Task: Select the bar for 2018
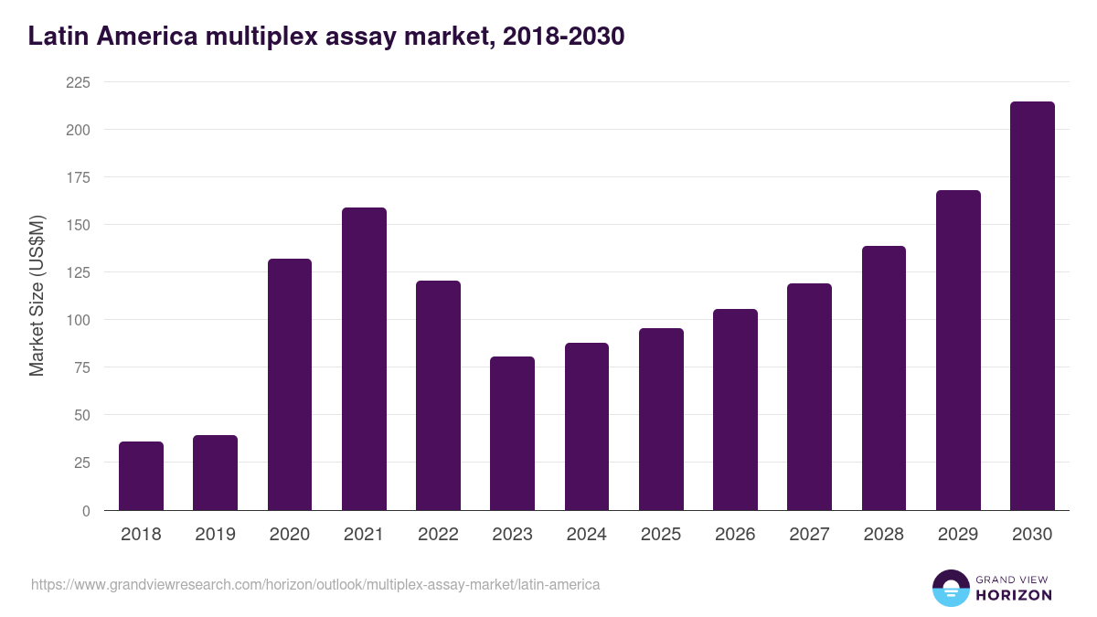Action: click(141, 476)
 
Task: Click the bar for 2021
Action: click(364, 359)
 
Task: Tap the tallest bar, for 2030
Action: click(1032, 306)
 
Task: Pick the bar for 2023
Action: click(512, 433)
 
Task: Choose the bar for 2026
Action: click(735, 410)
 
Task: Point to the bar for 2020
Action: click(290, 385)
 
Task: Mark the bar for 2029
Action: click(958, 350)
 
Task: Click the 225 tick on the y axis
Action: click(78, 82)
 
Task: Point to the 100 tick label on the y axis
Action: click(78, 320)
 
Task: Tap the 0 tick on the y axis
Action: click(86, 511)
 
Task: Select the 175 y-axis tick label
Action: click(78, 177)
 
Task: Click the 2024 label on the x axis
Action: click(586, 535)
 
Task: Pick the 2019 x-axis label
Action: click(215, 535)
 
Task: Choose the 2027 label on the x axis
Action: click(809, 535)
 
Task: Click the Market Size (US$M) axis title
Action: click(37, 296)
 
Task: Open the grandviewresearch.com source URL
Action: click(315, 584)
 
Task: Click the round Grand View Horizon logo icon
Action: click(950, 588)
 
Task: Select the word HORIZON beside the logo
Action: click(1014, 595)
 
